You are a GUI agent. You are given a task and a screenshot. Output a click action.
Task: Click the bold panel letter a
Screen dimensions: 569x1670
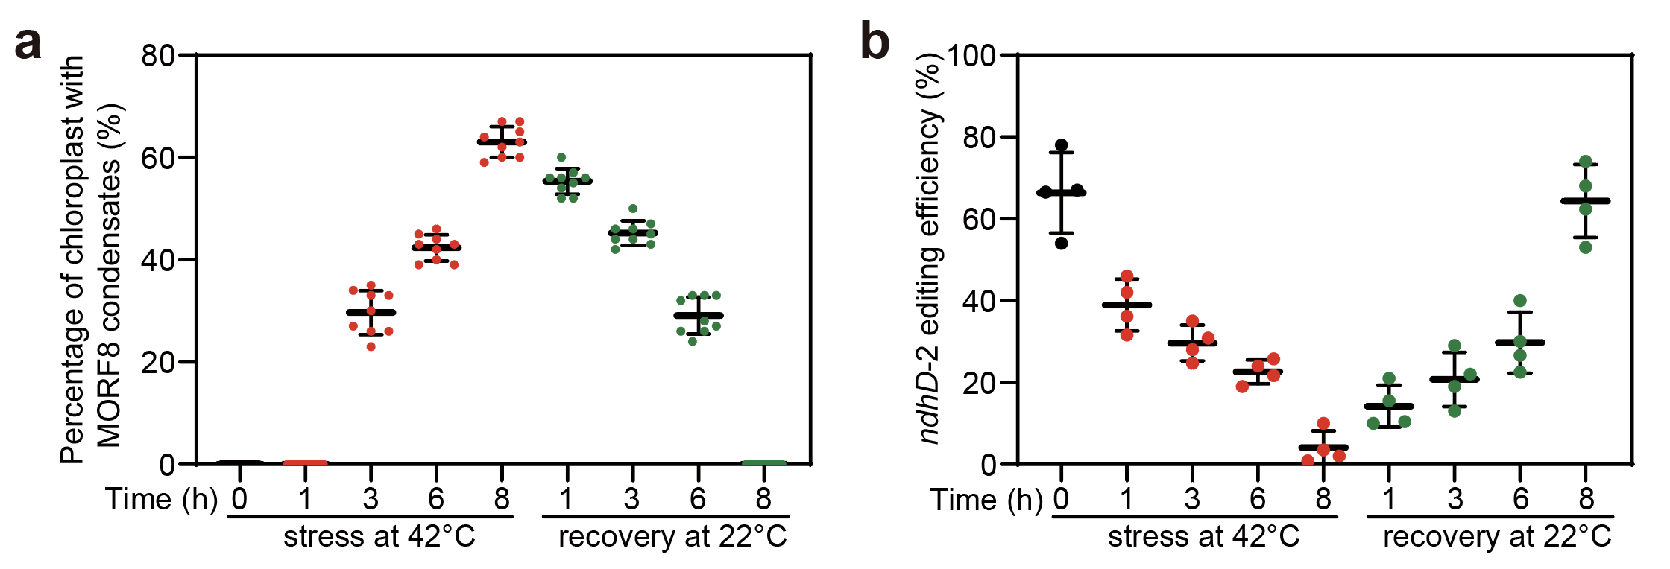pyautogui.click(x=28, y=43)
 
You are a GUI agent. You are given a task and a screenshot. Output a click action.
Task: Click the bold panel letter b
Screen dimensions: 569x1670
pyautogui.click(x=875, y=42)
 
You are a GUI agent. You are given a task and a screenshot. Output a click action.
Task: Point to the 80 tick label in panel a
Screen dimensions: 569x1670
pyautogui.click(x=158, y=56)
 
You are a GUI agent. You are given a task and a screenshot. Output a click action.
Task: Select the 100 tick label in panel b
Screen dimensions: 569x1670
pyautogui.click(x=971, y=56)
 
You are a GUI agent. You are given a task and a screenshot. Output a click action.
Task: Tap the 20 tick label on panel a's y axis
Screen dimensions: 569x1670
pyautogui.click(x=158, y=363)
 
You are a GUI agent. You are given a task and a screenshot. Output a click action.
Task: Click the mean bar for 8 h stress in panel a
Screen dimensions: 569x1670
pyautogui.click(x=502, y=142)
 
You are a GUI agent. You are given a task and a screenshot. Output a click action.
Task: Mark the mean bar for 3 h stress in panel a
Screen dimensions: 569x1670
pyautogui.click(x=371, y=312)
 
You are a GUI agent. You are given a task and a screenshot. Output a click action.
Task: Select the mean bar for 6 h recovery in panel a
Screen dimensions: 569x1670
pyautogui.click(x=698, y=315)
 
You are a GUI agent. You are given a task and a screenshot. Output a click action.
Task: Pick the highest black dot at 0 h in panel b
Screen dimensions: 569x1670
pyautogui.click(x=1062, y=145)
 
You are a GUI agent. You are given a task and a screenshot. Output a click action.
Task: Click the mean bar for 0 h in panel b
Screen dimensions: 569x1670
pyautogui.click(x=1062, y=193)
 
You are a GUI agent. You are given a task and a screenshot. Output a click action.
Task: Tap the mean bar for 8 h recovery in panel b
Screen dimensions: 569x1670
pyautogui.click(x=1586, y=201)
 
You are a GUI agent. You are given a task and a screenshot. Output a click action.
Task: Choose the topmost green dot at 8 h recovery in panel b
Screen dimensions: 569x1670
pyautogui.click(x=1586, y=162)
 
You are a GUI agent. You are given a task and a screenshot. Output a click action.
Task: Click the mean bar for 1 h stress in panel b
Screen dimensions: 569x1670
pyautogui.click(x=1127, y=305)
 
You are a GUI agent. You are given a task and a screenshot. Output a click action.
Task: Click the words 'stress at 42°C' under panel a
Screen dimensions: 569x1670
pyautogui.click(x=379, y=537)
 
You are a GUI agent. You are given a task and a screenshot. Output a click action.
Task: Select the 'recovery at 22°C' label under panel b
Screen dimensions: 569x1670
pyautogui.click(x=1497, y=537)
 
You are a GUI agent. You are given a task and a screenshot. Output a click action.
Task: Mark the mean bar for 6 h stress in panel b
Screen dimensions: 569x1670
pyautogui.click(x=1258, y=371)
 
